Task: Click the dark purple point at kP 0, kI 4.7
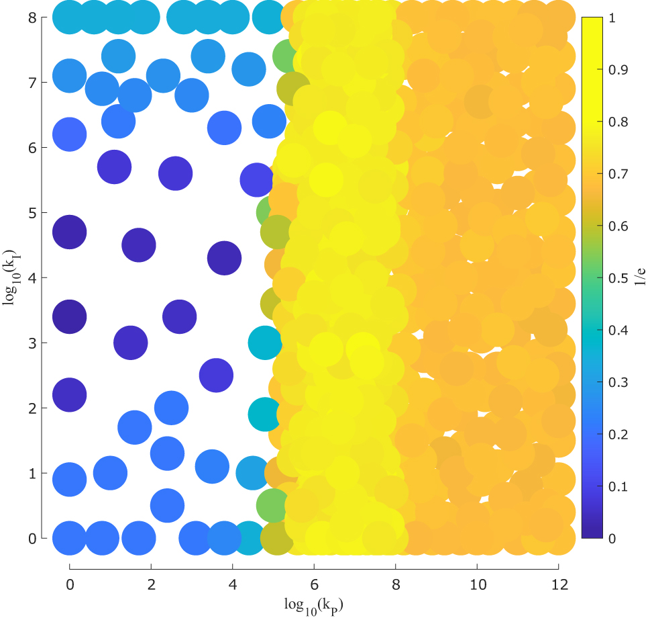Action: (x=69, y=232)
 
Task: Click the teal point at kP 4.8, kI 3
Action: (x=265, y=343)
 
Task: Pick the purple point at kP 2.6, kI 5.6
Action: (x=175, y=173)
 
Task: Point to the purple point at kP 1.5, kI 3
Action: (x=130, y=343)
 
